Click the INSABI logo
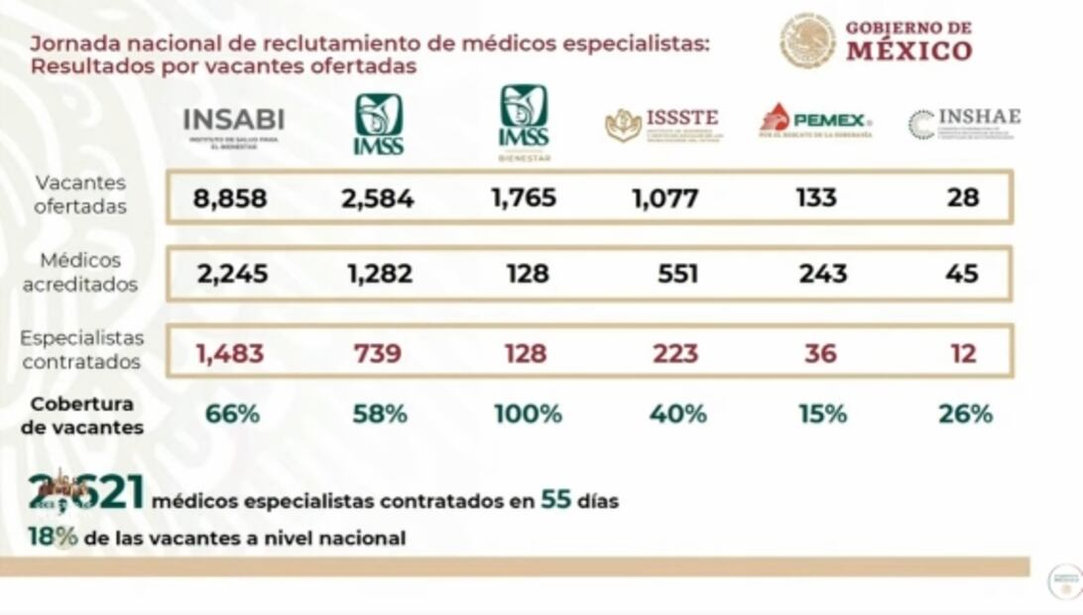(x=233, y=125)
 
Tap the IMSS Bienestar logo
(x=524, y=122)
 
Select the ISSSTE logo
(x=662, y=124)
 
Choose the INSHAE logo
(x=963, y=123)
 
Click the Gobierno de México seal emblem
(x=806, y=41)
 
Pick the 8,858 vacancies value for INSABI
(x=230, y=198)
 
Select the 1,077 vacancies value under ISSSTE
(x=664, y=198)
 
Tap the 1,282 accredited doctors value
(x=379, y=274)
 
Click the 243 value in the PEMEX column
(x=822, y=274)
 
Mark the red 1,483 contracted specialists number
(x=230, y=353)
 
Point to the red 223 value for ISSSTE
(x=675, y=353)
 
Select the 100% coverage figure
(x=528, y=414)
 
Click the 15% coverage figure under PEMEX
(x=822, y=414)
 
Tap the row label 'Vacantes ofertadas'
(x=80, y=194)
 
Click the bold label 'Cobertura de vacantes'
(x=81, y=416)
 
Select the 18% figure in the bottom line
(x=53, y=538)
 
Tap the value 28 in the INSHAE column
(x=962, y=197)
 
